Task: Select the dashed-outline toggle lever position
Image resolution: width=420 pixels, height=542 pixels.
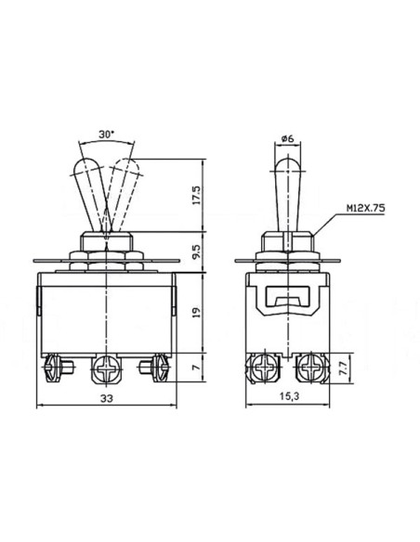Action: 121,190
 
